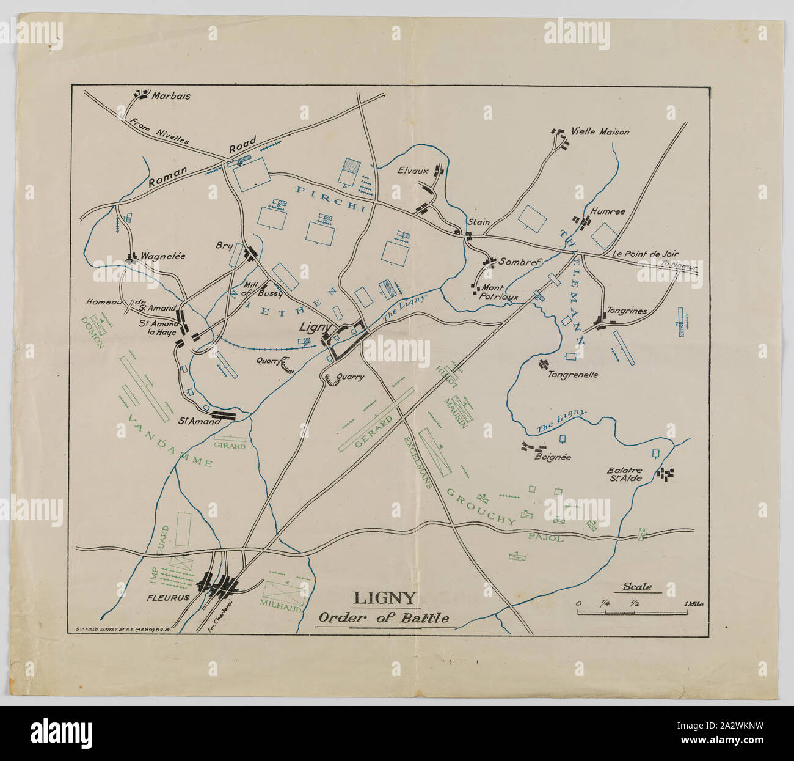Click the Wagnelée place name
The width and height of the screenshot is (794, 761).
[x=163, y=257]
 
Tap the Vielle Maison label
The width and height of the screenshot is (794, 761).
[x=600, y=131]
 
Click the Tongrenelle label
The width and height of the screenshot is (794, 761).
[x=573, y=375]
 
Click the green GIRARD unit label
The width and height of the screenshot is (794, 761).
[x=230, y=446]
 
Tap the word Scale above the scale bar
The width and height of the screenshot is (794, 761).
[x=637, y=587]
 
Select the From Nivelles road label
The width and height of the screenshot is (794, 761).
[x=159, y=131]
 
